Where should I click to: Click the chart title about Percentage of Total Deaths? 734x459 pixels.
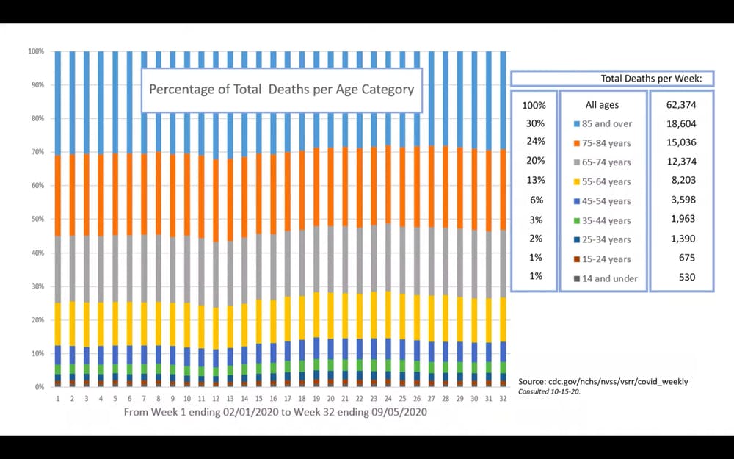click(x=282, y=90)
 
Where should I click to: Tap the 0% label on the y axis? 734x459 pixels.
click(x=38, y=387)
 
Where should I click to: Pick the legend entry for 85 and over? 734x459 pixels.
click(x=602, y=124)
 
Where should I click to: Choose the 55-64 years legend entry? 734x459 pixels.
click(x=602, y=181)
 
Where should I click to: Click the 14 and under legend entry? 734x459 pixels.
click(x=602, y=278)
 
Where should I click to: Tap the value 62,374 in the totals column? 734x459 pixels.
click(x=680, y=105)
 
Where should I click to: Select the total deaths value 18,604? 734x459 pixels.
click(x=680, y=124)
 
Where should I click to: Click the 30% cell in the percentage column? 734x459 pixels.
click(x=535, y=124)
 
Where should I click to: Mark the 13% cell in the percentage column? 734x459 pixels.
click(x=535, y=181)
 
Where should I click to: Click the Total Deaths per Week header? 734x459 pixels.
click(x=650, y=79)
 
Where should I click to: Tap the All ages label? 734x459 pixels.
click(x=603, y=105)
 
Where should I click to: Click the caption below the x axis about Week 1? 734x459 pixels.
click(x=275, y=412)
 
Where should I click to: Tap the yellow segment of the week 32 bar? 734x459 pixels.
click(x=503, y=319)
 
